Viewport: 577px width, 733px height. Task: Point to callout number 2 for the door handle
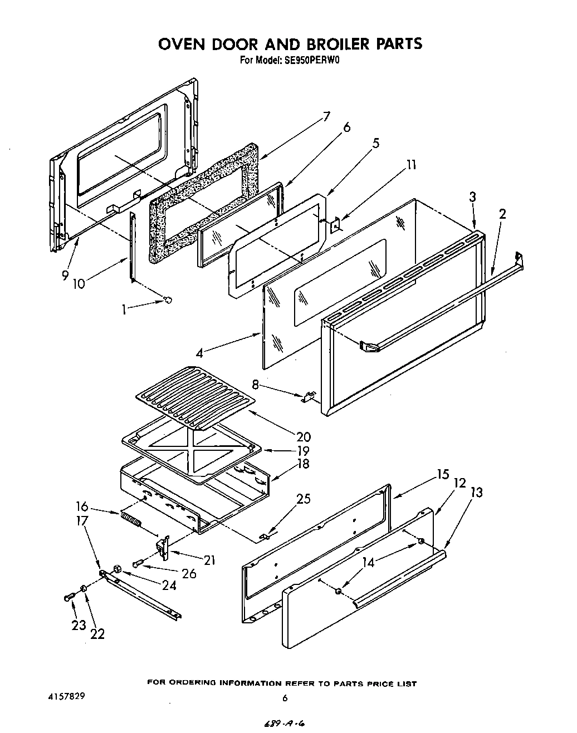502,213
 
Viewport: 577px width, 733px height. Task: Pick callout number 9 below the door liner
65,276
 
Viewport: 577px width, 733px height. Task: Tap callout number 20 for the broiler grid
304,437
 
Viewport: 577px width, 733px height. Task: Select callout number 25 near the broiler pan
304,499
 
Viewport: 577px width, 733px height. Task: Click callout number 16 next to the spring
82,506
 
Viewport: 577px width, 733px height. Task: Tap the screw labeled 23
69,597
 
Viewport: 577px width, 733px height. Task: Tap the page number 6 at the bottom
285,698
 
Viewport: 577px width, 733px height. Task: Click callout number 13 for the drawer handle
476,492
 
